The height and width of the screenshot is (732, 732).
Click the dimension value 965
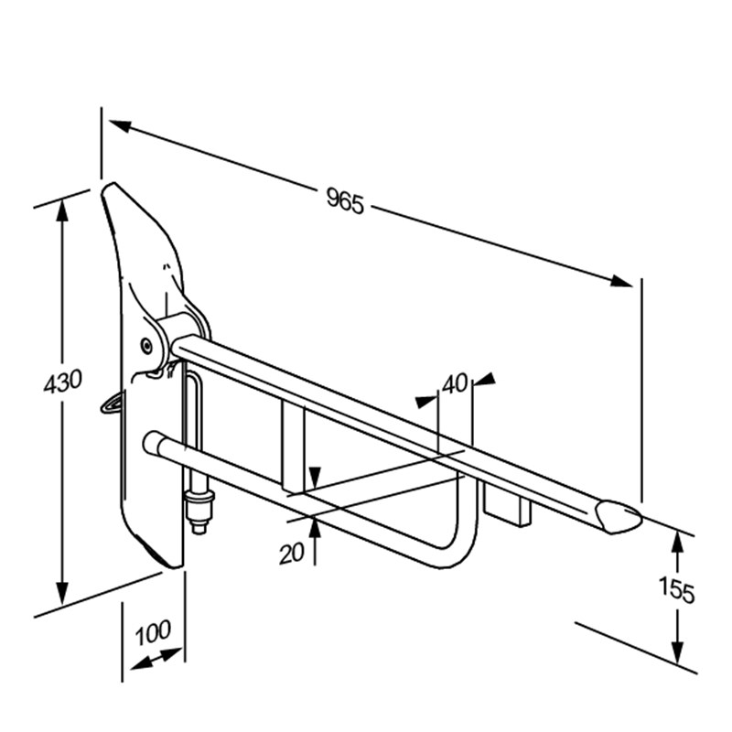(345, 200)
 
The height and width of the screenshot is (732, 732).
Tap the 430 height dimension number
(62, 381)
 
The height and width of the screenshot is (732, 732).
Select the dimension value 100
(153, 632)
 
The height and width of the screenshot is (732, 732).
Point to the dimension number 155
(676, 590)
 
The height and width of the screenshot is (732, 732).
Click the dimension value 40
(455, 383)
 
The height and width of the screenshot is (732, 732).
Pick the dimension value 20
(292, 554)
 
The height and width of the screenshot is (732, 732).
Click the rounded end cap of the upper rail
(618, 516)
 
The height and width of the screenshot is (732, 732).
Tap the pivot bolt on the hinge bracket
(147, 346)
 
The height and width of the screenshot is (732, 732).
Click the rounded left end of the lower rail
(151, 441)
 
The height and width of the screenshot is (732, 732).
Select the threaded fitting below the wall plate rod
(199, 511)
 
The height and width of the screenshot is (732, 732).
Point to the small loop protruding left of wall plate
(112, 403)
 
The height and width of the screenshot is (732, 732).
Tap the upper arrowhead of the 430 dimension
(62, 210)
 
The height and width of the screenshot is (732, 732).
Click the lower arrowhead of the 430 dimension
(62, 593)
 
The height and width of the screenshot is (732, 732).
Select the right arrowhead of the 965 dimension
(621, 281)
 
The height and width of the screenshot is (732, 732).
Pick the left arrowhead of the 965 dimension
(121, 125)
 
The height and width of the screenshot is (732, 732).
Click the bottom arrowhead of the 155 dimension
(677, 651)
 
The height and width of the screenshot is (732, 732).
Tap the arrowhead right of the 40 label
(486, 379)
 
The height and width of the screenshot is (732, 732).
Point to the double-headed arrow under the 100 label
(156, 658)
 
